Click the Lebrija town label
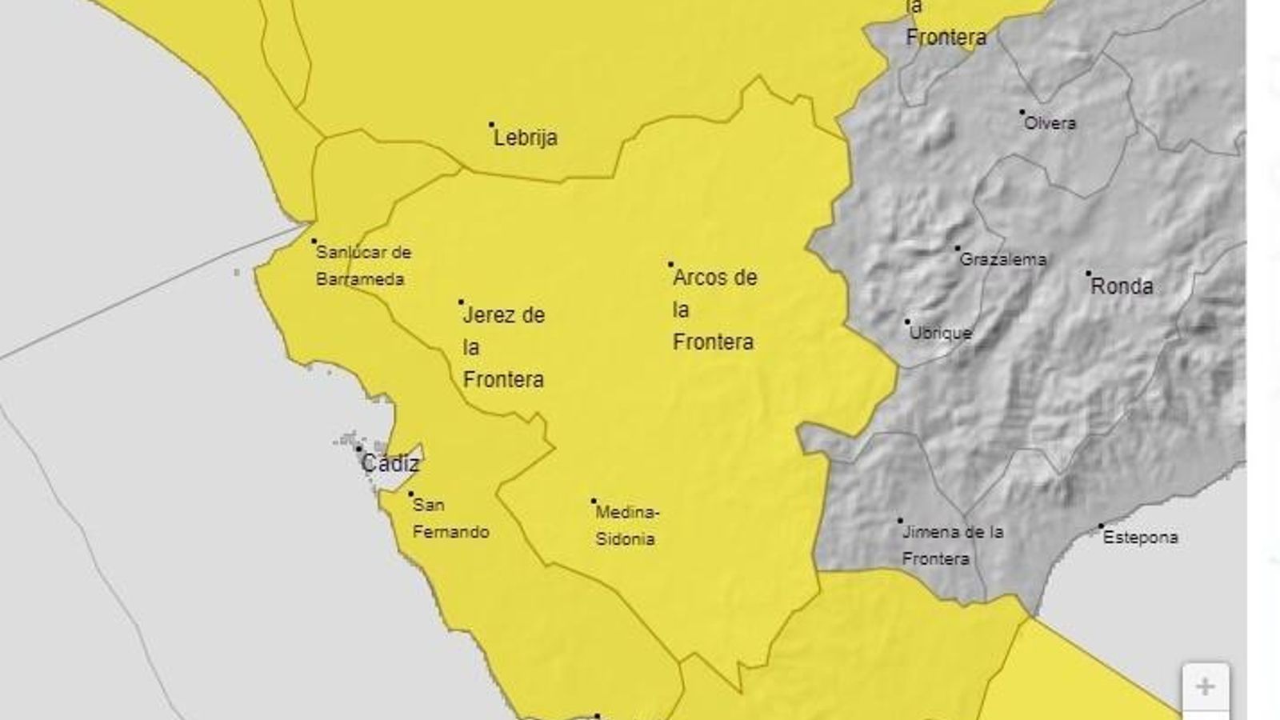pyautogui.click(x=526, y=138)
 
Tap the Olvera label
pyautogui.click(x=1050, y=123)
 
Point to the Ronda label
pyautogui.click(x=1122, y=286)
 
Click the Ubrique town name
pyautogui.click(x=941, y=333)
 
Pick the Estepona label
pyautogui.click(x=1140, y=538)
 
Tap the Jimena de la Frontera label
pyautogui.click(x=952, y=545)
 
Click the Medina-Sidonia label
pyautogui.click(x=627, y=526)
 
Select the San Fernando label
pyautogui.click(x=450, y=518)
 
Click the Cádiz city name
pyautogui.click(x=390, y=463)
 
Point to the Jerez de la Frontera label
pyautogui.click(x=503, y=347)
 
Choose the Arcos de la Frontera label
pyautogui.click(x=714, y=310)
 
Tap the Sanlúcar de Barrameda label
pyautogui.click(x=363, y=266)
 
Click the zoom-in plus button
pyautogui.click(x=1205, y=686)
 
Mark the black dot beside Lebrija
pyautogui.click(x=492, y=125)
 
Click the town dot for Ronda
pyautogui.click(x=1088, y=274)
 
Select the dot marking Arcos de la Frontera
pyautogui.click(x=670, y=264)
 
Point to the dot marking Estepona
pyautogui.click(x=1101, y=526)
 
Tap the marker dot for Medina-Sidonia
pyautogui.click(x=594, y=502)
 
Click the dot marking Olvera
pyautogui.click(x=1022, y=112)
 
